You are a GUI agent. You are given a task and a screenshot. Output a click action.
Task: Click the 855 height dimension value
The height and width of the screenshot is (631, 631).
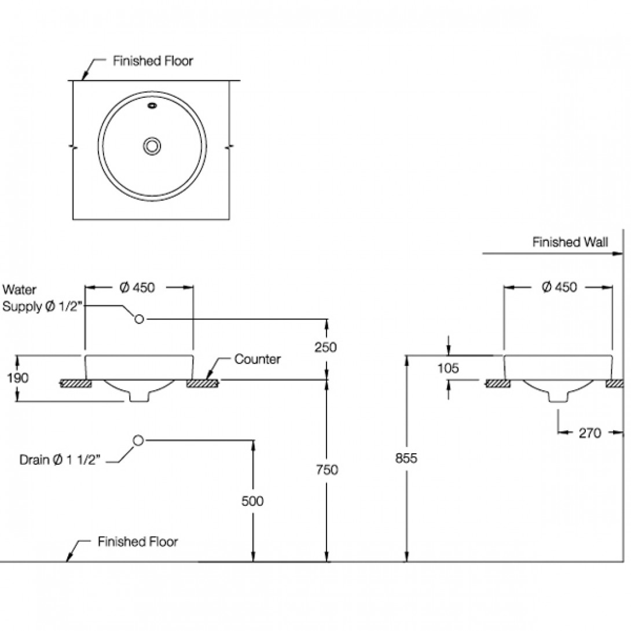[406, 458]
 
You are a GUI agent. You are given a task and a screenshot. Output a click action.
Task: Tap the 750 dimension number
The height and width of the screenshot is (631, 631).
[326, 469]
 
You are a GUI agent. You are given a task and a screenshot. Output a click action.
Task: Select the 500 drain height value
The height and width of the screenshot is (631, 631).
[252, 501]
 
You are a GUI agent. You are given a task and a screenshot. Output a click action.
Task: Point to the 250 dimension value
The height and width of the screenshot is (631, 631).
[325, 347]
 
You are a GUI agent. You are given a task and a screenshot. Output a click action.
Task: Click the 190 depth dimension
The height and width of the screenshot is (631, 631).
[18, 378]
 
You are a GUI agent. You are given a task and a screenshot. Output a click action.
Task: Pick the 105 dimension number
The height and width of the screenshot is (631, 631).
[448, 368]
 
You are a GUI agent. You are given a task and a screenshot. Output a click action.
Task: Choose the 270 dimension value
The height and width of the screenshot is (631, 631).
[589, 433]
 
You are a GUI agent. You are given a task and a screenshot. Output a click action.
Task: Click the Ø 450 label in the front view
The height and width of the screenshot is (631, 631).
[137, 287]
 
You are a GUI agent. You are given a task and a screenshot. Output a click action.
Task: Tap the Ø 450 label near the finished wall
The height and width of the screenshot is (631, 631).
[559, 287]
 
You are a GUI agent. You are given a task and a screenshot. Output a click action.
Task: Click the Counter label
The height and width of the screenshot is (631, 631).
[258, 359]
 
